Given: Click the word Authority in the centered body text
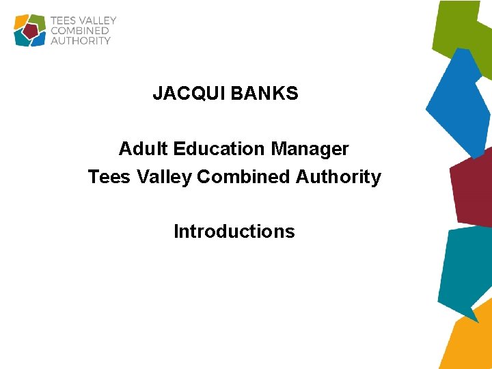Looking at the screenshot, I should tap(338, 177).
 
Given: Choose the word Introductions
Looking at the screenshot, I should tap(234, 232).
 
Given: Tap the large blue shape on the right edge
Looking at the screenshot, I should tap(460, 102).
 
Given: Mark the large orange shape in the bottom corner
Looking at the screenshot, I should tap(469, 342).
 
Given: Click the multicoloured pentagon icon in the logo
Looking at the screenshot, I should tap(30, 30).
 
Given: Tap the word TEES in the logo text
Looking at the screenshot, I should tap(63, 20).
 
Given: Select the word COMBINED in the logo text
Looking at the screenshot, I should tap(80, 31).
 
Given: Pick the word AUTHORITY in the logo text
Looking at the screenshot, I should tap(81, 41).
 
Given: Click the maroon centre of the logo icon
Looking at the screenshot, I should tap(30, 31).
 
